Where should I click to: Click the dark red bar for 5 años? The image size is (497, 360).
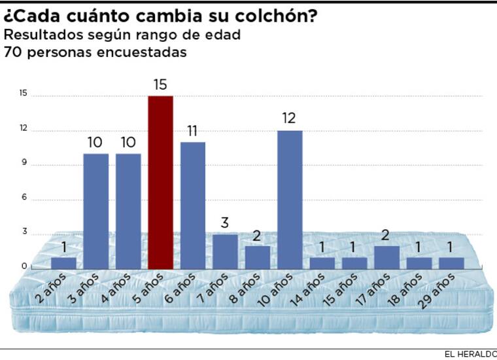(160, 183)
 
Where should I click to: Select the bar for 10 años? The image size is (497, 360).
(290, 200)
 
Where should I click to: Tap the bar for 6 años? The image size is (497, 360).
(193, 206)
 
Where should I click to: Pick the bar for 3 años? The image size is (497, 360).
(96, 211)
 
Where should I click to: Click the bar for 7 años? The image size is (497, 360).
(225, 251)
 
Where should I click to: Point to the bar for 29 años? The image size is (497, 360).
(451, 263)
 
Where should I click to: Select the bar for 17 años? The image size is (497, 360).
(386, 257)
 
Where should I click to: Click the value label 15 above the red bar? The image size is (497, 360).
(160, 84)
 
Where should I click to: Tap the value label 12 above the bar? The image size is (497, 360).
(290, 118)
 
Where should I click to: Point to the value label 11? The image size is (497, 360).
(193, 130)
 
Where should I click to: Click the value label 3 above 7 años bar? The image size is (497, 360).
(225, 223)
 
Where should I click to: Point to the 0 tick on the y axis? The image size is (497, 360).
(24, 266)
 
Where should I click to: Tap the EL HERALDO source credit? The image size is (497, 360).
(470, 354)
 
